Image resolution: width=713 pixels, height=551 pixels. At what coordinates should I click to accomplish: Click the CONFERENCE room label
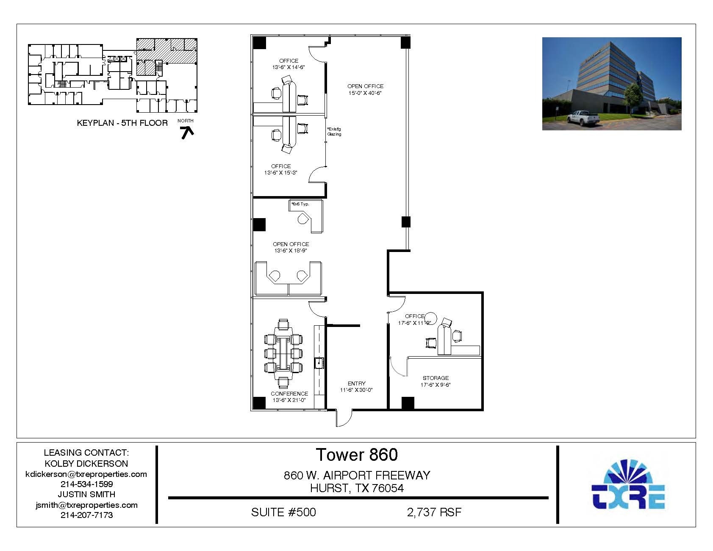click(289, 393)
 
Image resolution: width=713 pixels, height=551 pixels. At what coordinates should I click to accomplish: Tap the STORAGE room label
click(436, 378)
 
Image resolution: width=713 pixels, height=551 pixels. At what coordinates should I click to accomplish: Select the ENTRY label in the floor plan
click(356, 383)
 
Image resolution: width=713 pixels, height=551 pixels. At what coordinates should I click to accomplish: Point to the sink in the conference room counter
click(319, 363)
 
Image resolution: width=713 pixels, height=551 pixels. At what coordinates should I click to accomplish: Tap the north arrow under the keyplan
click(187, 133)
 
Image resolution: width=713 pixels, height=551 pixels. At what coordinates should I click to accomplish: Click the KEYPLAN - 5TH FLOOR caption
click(122, 123)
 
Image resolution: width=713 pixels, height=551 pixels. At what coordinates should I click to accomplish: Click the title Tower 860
click(357, 454)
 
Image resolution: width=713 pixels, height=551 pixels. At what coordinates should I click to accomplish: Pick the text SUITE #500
click(283, 512)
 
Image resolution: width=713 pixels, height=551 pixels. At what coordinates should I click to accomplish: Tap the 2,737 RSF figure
click(434, 512)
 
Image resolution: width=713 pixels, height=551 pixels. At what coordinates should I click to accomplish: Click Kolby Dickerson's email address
click(86, 474)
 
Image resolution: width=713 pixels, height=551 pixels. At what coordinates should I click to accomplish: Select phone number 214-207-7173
click(86, 515)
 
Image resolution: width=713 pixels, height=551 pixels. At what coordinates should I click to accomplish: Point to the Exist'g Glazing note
click(334, 131)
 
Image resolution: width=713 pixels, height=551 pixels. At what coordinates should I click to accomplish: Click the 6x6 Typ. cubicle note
click(300, 204)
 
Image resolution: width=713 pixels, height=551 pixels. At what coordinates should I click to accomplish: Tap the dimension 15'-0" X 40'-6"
click(365, 93)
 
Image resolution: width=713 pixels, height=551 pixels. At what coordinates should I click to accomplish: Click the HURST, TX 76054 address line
click(357, 488)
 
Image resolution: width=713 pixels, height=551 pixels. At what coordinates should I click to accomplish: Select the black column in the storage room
click(408, 403)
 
